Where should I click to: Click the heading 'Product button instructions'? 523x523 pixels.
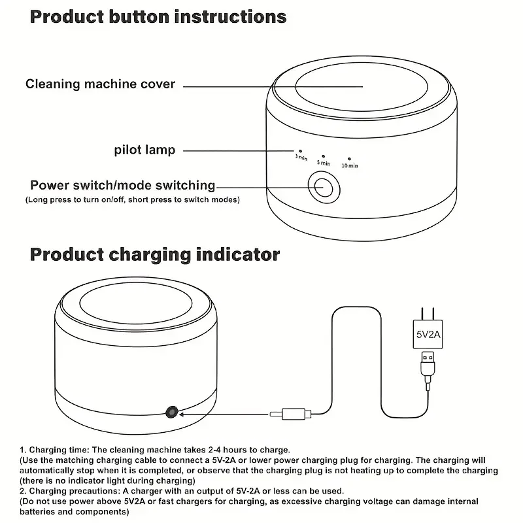point(158,18)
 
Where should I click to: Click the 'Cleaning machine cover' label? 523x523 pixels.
point(100,84)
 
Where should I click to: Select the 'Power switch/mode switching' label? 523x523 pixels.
point(123,186)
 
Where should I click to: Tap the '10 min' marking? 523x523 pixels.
point(350,165)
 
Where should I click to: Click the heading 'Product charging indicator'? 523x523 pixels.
point(155,254)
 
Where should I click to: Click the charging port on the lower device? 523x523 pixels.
point(172,412)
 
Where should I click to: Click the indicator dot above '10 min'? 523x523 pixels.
point(350,158)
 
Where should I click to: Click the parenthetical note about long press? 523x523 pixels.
point(133,199)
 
